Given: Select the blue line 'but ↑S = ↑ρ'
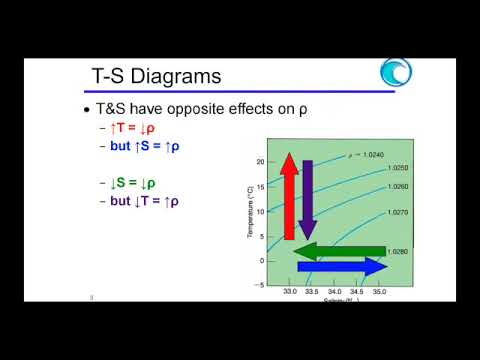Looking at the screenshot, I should coord(153,146).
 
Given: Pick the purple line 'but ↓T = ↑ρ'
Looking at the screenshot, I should coord(153,200).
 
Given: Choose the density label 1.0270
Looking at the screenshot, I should coord(398,212).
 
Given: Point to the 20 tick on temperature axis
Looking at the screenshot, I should coord(258,160).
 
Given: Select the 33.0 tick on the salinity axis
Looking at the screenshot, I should coord(289,292).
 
